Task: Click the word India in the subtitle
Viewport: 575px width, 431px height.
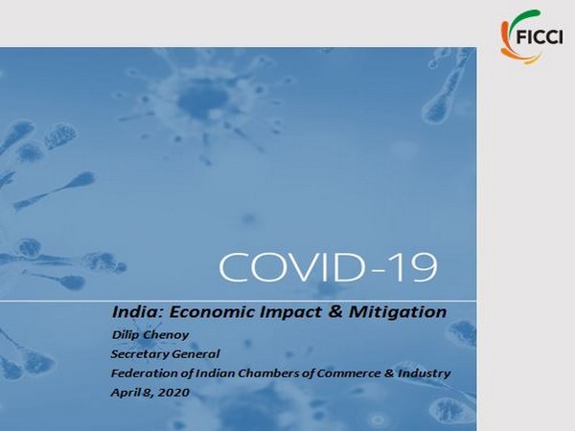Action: point(132,311)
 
